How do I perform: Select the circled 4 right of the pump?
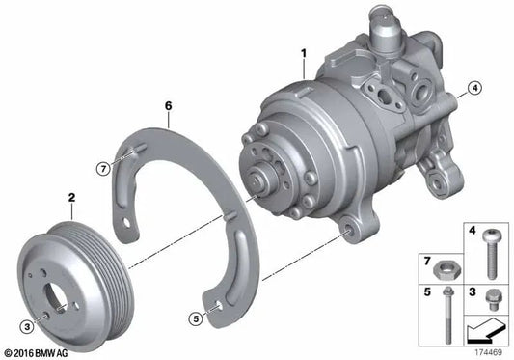(473, 90)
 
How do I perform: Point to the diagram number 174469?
(486, 352)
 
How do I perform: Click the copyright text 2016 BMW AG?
(39, 352)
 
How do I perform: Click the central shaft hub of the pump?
(263, 178)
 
